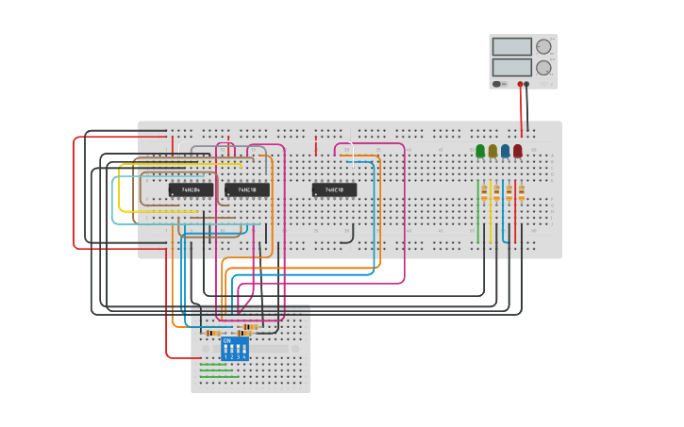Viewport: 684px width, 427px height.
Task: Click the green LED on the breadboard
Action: point(480,151)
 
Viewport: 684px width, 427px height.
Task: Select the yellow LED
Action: point(492,151)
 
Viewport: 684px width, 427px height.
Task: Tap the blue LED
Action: point(505,151)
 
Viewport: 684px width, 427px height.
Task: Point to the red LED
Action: point(517,151)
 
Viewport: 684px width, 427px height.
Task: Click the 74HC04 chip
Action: point(191,189)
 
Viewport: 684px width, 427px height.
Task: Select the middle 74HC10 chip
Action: point(247,189)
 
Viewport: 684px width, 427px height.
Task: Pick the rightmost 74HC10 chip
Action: point(334,189)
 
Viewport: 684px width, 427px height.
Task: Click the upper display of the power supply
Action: point(511,47)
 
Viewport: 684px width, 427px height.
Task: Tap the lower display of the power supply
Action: point(511,68)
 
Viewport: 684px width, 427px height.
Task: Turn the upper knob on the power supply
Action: point(543,47)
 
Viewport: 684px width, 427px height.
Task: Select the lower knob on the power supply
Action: point(543,68)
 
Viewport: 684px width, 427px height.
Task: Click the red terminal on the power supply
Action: point(519,84)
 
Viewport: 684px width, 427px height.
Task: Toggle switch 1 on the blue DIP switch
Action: point(226,349)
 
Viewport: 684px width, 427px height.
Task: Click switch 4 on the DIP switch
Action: point(243,349)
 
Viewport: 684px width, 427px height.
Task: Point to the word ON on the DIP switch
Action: point(226,340)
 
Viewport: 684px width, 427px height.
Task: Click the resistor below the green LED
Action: point(484,192)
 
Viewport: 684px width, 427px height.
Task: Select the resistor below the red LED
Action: point(521,192)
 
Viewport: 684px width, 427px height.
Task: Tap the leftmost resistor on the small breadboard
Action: point(213,333)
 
